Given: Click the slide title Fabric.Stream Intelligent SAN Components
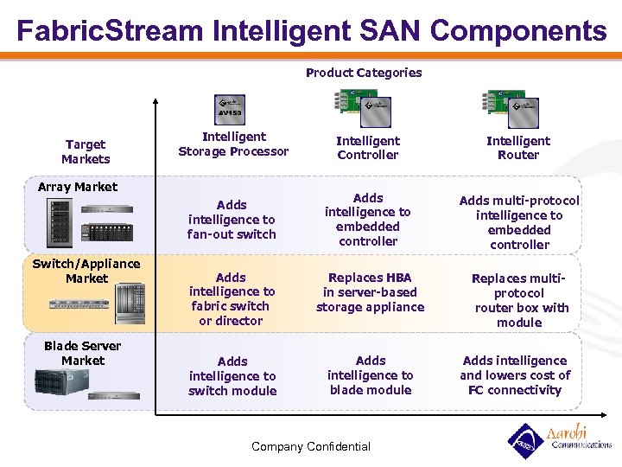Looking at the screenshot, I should (311, 31).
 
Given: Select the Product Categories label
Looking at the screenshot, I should (364, 73).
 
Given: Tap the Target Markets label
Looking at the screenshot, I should (85, 151).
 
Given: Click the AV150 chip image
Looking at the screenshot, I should (230, 111).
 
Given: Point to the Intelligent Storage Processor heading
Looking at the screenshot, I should (233, 144).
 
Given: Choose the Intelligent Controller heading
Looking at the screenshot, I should (368, 148).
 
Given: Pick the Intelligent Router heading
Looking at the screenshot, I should (518, 148).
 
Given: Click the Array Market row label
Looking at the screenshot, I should (78, 187).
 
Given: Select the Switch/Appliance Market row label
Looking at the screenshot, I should (86, 271).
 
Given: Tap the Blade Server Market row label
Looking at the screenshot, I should (82, 353).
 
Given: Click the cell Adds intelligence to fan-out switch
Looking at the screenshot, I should (232, 220).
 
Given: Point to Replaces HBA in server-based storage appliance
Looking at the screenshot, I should (370, 292).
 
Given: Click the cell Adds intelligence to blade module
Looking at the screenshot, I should (370, 375).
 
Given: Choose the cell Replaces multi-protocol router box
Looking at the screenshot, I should (519, 300).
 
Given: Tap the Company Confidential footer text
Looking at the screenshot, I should (311, 446).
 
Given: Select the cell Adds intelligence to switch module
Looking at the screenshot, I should (232, 376).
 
